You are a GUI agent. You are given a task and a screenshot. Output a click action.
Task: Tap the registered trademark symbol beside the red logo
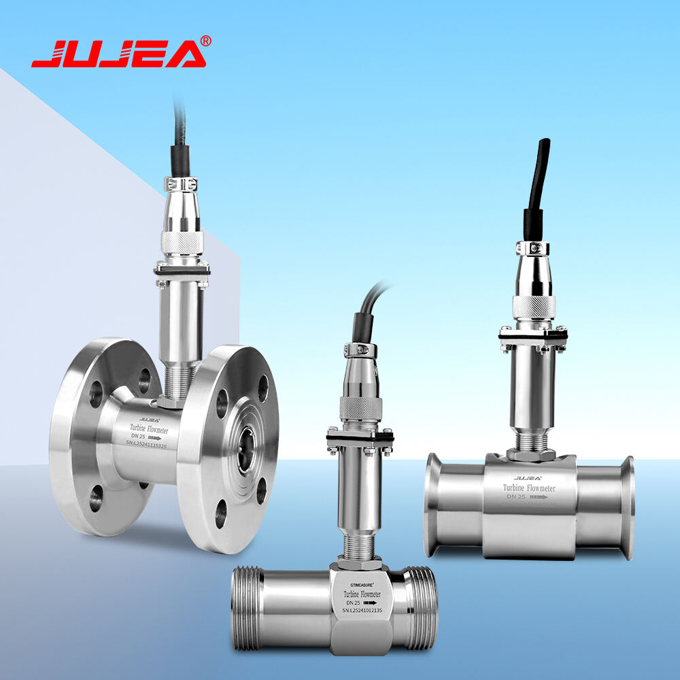coord(206,41)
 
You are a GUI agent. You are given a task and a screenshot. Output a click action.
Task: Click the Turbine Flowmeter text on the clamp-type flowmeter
coord(528,488)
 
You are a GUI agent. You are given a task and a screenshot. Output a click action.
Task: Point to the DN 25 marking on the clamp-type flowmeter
coord(515,497)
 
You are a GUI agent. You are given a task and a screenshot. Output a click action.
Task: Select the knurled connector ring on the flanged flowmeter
coord(182,241)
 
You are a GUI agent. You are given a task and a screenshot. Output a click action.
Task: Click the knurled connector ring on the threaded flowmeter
coord(360,408)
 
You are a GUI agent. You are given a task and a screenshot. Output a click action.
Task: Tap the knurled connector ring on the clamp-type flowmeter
coord(534,307)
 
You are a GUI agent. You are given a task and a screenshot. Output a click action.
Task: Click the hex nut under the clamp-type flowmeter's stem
coord(533,452)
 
